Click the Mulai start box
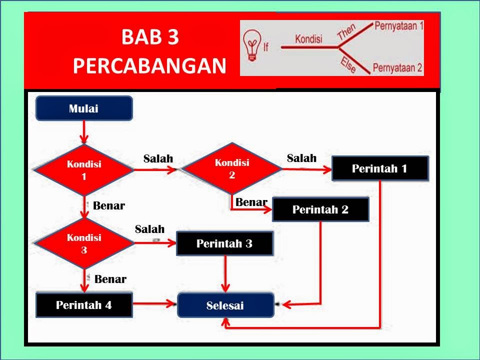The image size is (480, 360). pos(84,108)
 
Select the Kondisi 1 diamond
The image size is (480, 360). pos(84,170)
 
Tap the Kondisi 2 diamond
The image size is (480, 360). pos(232,168)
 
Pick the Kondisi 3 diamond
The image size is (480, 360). pos(84,243)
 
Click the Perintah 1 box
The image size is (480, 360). pos(380,168)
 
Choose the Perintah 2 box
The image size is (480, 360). pos(320,209)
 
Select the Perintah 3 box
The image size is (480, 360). pos(224,243)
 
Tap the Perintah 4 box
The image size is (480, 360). pos(84,305)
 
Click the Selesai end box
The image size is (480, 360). pos(225,305)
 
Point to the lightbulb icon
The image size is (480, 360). pos(252,45)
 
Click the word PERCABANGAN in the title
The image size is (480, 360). pos(149,65)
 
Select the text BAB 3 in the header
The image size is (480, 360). pos(150,37)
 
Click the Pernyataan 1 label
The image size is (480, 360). pos(399,25)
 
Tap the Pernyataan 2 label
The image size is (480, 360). pos(397,67)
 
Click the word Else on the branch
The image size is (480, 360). pos(348,65)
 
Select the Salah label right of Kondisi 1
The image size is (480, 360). pos(158,158)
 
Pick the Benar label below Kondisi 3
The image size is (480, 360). pos(110,279)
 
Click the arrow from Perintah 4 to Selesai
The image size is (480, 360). pos(154,304)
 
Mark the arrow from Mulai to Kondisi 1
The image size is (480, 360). pos(84,132)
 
